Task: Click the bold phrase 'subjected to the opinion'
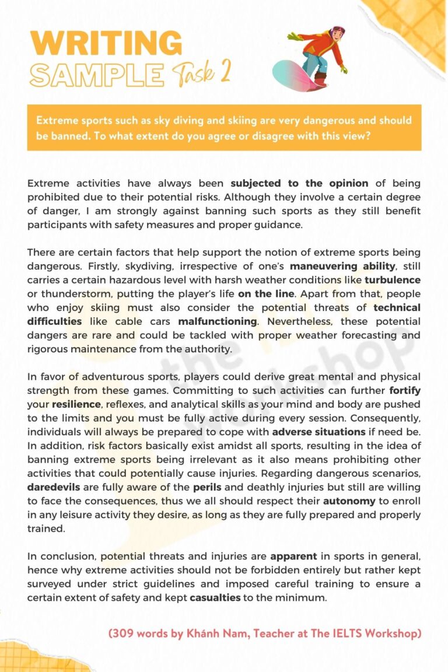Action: (x=299, y=183)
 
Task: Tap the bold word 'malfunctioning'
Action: (x=218, y=321)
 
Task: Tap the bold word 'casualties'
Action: (x=216, y=598)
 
